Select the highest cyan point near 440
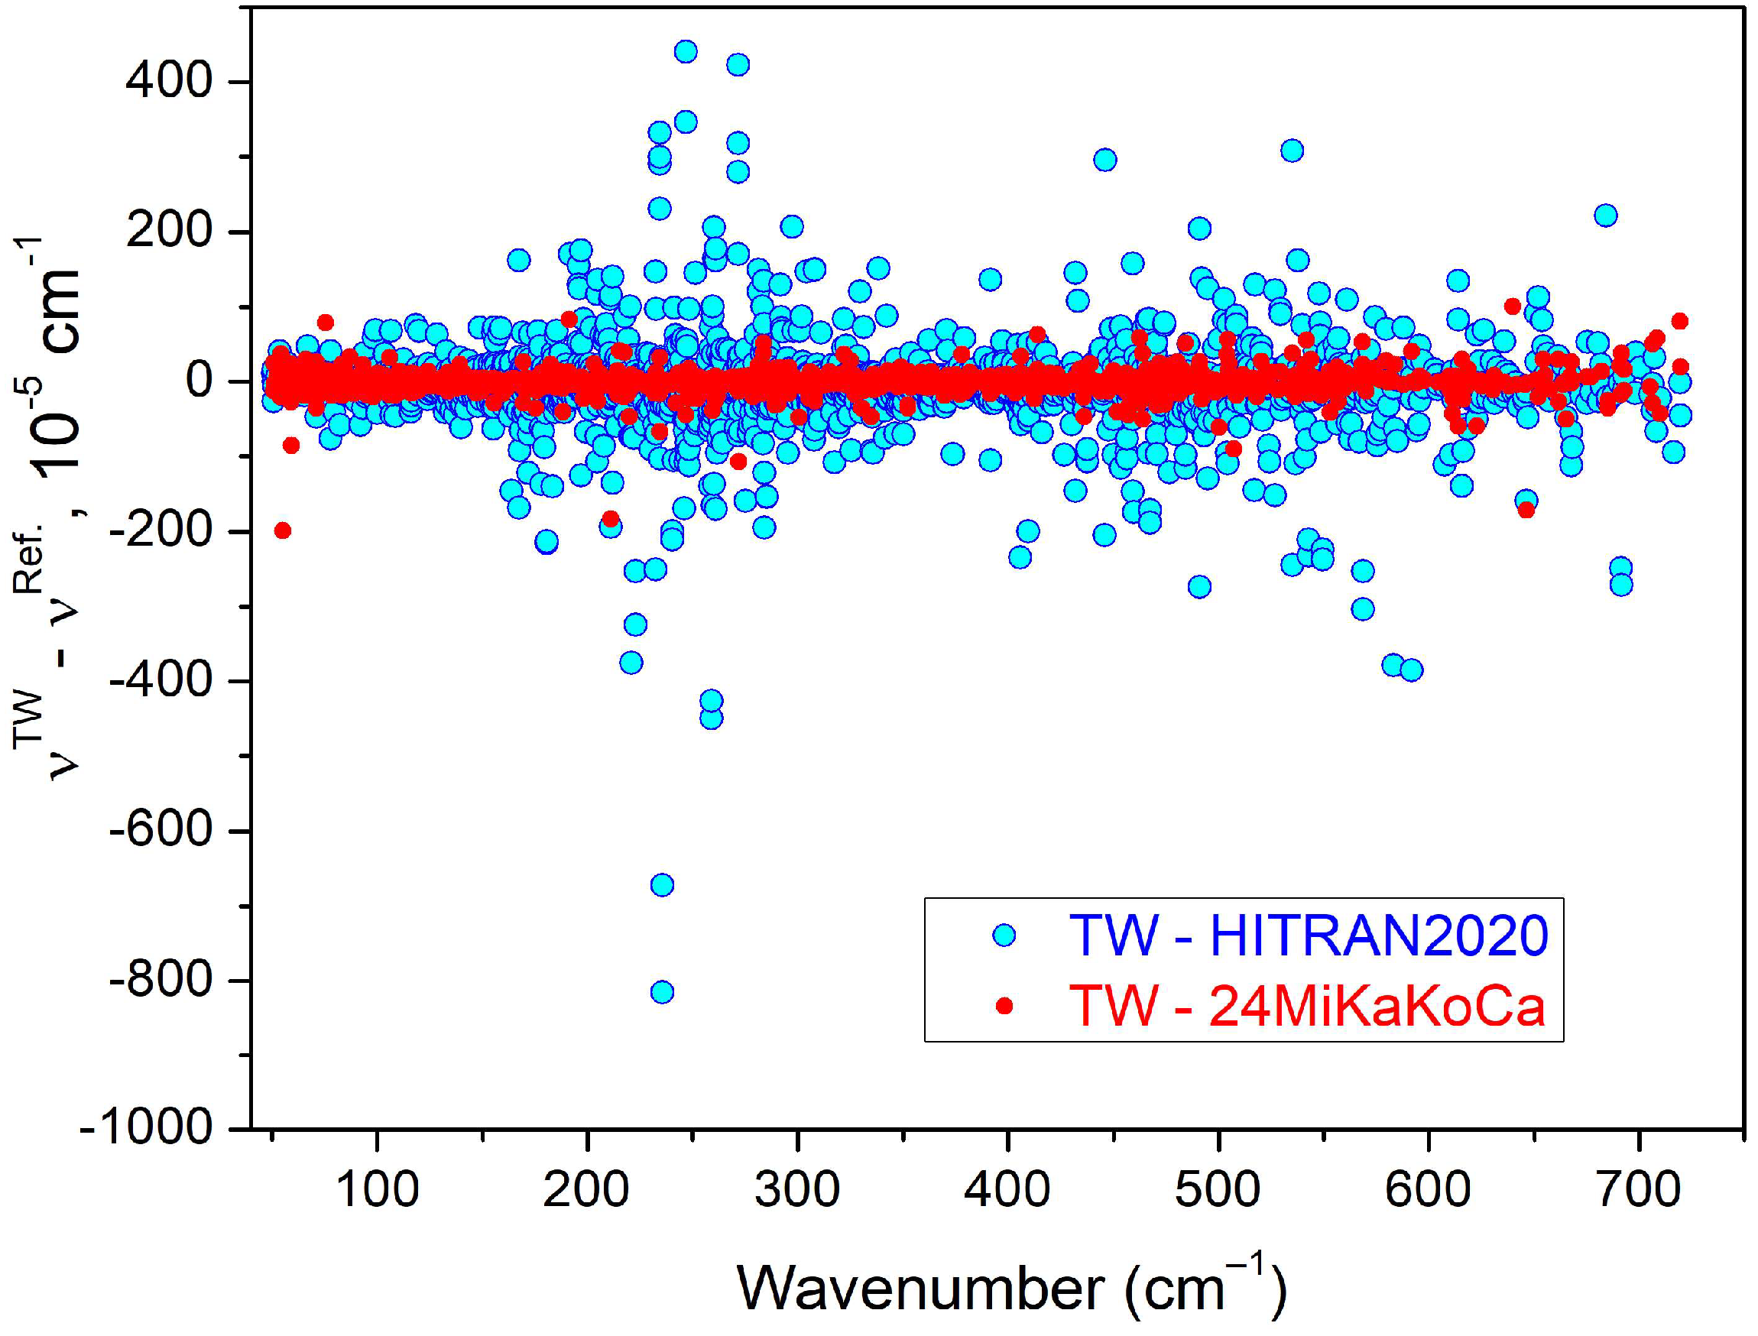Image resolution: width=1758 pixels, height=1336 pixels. click(x=686, y=52)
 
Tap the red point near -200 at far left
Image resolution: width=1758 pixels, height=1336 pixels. click(x=282, y=530)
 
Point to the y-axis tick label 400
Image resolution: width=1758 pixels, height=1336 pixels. click(x=169, y=81)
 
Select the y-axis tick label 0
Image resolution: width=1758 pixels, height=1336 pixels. click(x=199, y=381)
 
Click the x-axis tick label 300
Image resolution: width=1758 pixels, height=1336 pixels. click(x=796, y=1191)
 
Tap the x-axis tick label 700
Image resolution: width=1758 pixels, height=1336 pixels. click(x=1639, y=1191)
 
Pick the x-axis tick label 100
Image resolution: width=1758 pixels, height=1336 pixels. click(x=377, y=1191)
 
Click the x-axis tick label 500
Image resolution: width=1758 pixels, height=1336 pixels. click(x=1218, y=1191)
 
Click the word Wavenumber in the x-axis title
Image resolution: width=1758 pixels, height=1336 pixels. click(x=921, y=1288)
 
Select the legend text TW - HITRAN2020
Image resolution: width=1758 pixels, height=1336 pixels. click(x=1308, y=936)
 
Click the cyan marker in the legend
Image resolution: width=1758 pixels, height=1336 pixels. click(x=1005, y=936)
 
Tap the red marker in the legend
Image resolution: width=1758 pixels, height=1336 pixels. click(x=1005, y=1006)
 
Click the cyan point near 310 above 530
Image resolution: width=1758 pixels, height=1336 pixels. click(x=1292, y=151)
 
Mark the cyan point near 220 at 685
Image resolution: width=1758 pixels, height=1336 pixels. click(x=1605, y=216)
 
